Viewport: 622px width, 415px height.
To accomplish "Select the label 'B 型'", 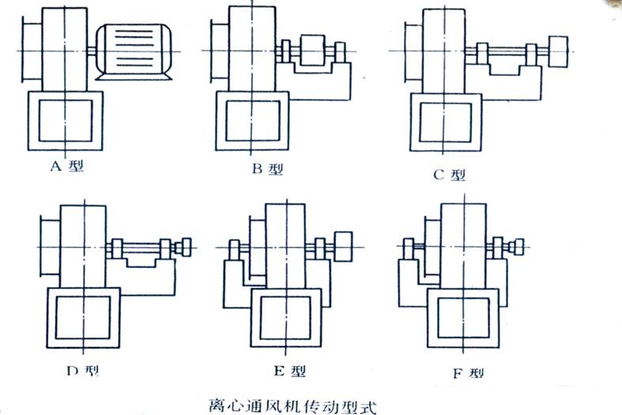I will pos(266,168).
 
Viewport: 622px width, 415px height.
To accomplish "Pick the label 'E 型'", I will pos(286,370).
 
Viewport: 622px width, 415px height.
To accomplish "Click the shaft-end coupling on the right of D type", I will pos(187,246).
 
